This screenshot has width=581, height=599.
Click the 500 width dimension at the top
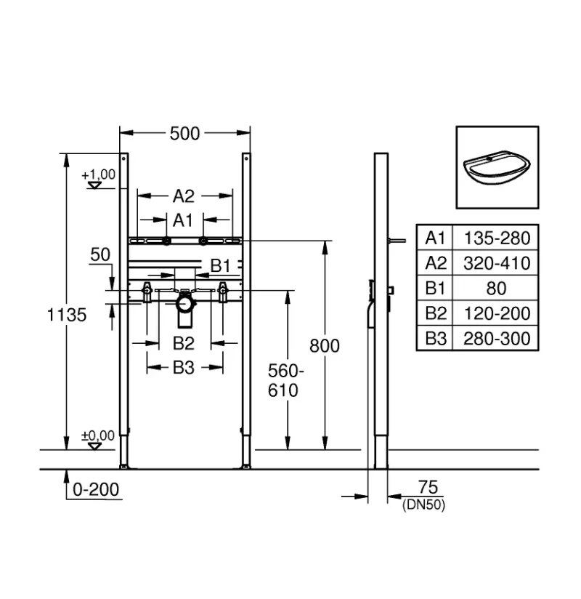[184, 133]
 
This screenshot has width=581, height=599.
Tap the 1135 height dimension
[67, 315]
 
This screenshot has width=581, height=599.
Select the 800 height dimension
[325, 346]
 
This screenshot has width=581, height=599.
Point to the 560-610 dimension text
[285, 380]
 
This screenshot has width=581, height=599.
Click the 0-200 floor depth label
[96, 489]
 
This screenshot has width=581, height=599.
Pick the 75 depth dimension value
[428, 487]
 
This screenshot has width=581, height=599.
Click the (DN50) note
[423, 504]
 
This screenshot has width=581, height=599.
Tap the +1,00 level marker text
[99, 174]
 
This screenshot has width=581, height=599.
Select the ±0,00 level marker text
[98, 435]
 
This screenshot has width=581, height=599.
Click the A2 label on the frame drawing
[184, 196]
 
